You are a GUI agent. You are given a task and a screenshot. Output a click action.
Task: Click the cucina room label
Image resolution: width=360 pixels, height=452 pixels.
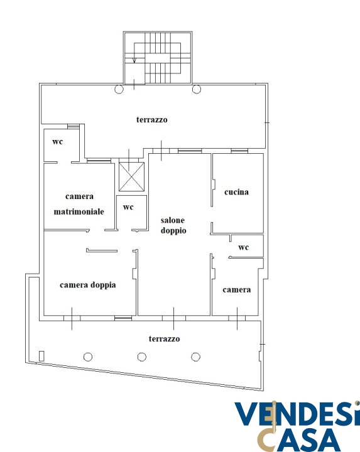pyautogui.click(x=236, y=192)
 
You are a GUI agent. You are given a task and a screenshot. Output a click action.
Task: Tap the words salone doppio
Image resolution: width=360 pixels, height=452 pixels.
pyautogui.click(x=173, y=226)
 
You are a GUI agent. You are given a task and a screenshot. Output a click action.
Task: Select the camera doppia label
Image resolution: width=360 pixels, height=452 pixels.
pyautogui.click(x=88, y=285)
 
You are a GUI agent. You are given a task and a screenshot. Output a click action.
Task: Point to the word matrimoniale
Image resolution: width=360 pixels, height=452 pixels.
pyautogui.click(x=79, y=212)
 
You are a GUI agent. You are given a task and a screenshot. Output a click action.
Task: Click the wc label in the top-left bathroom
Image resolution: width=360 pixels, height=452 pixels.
pyautogui.click(x=57, y=142)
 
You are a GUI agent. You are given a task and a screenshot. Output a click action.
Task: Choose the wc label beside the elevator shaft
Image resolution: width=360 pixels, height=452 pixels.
pyautogui.click(x=128, y=207)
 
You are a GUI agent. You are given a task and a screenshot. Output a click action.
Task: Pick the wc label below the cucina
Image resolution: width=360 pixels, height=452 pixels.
pyautogui.click(x=244, y=247)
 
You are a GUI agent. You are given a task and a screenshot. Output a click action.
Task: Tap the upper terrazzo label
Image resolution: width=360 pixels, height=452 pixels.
pyautogui.click(x=152, y=120)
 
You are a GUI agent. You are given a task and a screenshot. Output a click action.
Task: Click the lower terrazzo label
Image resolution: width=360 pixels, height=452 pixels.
pyautogui.click(x=164, y=339)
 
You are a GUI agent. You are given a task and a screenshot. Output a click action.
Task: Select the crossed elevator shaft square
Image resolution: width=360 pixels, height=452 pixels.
pyautogui.click(x=131, y=176)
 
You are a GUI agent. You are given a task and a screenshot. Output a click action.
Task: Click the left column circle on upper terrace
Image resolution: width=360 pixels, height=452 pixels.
pyautogui.click(x=119, y=89)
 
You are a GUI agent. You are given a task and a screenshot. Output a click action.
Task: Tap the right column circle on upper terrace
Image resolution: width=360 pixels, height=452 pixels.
pyautogui.click(x=197, y=89)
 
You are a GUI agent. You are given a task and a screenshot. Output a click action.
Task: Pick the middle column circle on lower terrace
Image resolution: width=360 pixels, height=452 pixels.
pyautogui.click(x=141, y=357)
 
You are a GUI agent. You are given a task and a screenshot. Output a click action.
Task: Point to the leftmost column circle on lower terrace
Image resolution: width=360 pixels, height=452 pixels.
pyautogui.click(x=88, y=357)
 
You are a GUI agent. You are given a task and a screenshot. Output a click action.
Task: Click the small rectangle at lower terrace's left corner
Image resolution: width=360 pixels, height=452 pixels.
pyautogui.click(x=41, y=356)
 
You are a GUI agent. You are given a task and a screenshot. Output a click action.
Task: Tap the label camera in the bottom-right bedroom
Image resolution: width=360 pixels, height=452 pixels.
pyautogui.click(x=236, y=289)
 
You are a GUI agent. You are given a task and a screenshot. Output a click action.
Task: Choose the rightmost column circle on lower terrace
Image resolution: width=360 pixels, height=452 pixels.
pyautogui.click(x=195, y=357)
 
